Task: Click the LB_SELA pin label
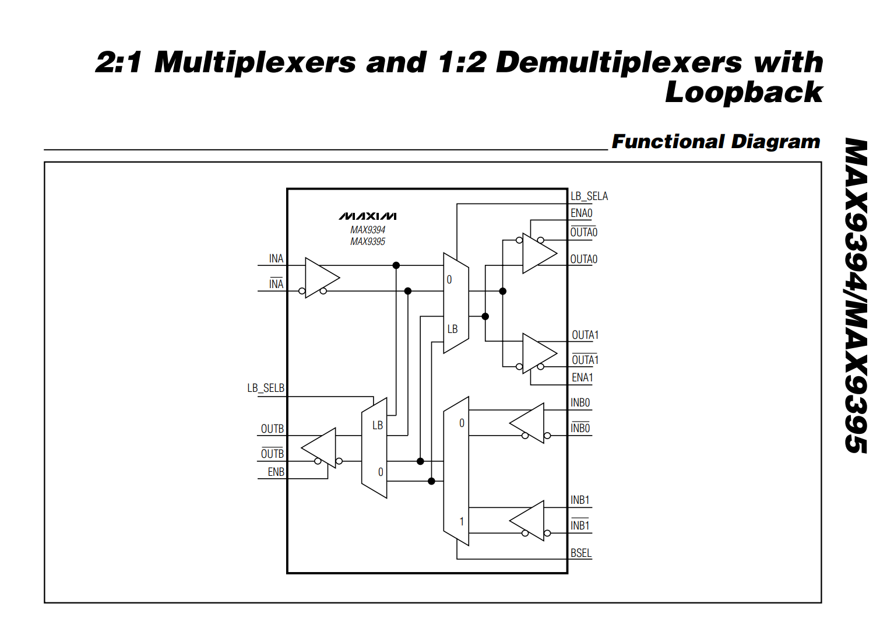point(589,197)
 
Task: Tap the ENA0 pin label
point(581,213)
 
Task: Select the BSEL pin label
point(580,553)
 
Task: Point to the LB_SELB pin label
point(266,388)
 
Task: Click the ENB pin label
point(276,472)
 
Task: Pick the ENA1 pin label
point(582,378)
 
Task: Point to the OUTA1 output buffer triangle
point(537,353)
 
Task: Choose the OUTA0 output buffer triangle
point(537,253)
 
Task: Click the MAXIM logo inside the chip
point(368,216)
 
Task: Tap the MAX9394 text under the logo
point(368,230)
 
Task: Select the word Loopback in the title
point(744,92)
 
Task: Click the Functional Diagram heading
point(716,142)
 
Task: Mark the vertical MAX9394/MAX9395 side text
point(856,296)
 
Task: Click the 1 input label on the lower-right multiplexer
point(462,521)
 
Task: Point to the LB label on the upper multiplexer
point(452,329)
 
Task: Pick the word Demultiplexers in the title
point(618,62)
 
